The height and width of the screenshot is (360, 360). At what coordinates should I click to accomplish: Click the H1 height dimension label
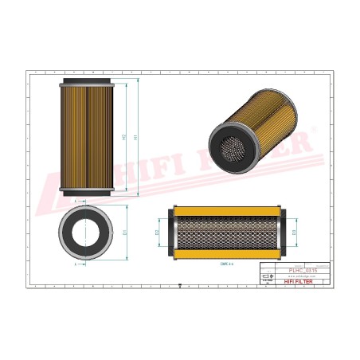tap(136, 137)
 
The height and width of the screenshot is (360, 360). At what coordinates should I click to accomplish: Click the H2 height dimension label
tap(124, 137)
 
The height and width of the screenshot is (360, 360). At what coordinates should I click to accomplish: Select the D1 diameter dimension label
tap(124, 233)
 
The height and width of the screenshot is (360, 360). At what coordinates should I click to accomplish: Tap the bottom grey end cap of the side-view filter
tap(88, 192)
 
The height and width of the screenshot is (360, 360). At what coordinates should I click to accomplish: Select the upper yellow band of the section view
tap(227, 212)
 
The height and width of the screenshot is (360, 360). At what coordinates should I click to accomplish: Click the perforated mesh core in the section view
tap(227, 232)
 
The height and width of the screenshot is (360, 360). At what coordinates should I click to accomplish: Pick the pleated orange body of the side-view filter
tap(88, 137)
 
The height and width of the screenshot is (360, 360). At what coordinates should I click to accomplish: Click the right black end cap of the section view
tap(282, 232)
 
